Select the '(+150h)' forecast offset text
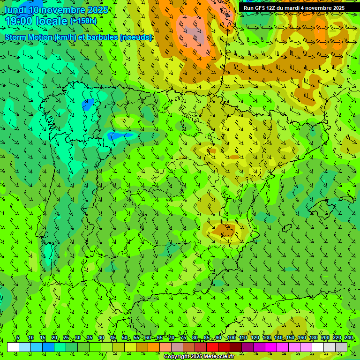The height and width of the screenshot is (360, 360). pos(83,21)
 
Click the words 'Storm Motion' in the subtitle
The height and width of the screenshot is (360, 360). pos(28,37)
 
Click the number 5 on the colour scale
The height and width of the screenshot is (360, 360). pos(18,338)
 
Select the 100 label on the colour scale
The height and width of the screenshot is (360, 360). pos(231,338)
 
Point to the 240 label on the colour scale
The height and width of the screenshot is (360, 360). pos(349,338)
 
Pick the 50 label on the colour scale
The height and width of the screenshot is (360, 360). pos(124,338)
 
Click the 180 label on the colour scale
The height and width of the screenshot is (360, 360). pos(313,338)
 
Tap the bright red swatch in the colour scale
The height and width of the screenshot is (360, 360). pos(212,347)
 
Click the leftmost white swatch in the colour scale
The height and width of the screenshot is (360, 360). pos(13,347)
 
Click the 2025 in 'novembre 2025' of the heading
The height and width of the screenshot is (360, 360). pos(97,10)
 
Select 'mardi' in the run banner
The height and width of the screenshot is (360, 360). pos(295,8)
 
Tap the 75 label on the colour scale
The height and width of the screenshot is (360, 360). pos(183,338)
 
